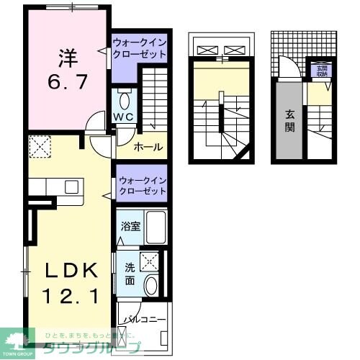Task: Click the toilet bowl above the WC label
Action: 124,99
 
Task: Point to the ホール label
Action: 148,148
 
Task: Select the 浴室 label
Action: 130,225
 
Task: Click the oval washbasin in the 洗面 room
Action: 150,285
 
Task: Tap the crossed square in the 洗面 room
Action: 150,261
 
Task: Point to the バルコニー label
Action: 144,317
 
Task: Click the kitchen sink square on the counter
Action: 71,186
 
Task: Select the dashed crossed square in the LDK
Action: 38,148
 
